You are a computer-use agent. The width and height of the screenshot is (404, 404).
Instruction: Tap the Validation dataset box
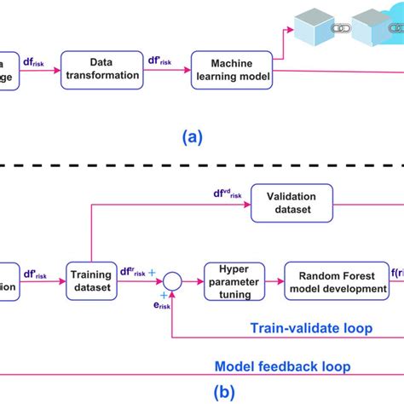(292, 204)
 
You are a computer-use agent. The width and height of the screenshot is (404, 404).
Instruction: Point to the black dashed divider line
(202, 164)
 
